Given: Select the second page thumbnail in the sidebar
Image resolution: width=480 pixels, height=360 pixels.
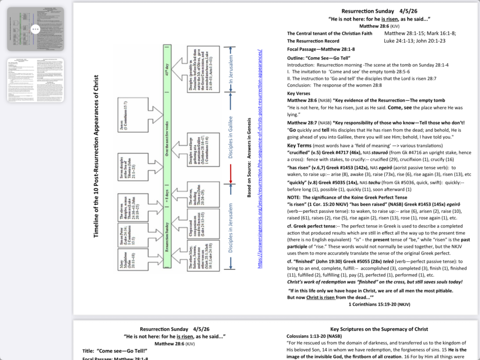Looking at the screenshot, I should (36, 80).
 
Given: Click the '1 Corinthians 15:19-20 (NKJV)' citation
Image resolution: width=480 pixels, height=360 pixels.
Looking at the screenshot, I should (380, 304).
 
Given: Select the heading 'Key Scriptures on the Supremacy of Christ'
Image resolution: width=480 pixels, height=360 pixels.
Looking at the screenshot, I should (379, 329).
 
